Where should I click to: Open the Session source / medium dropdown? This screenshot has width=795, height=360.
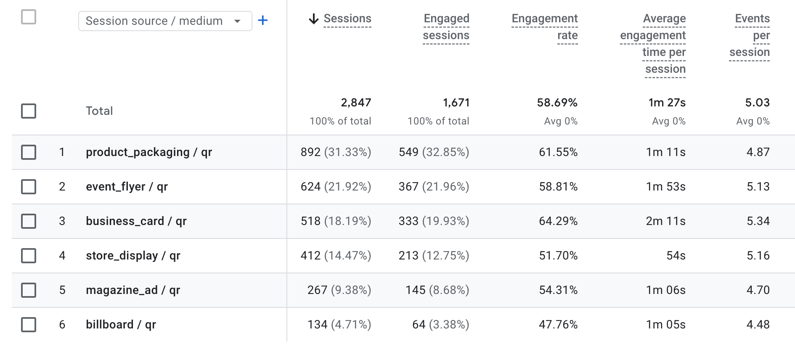click(165, 21)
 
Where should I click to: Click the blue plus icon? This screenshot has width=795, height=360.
click(263, 20)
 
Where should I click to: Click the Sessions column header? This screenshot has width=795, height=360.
click(347, 19)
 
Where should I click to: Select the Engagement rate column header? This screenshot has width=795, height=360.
click(545, 27)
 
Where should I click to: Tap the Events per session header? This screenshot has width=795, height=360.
click(750, 35)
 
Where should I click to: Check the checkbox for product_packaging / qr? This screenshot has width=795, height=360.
click(29, 152)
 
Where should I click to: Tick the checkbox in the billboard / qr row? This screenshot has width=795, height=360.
click(29, 325)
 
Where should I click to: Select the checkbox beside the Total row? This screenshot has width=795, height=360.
click(29, 111)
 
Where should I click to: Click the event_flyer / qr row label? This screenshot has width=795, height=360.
click(127, 187)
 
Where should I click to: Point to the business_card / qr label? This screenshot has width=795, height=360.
click(136, 221)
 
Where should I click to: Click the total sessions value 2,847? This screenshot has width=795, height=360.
click(356, 103)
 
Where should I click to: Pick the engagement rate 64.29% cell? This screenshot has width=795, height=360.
click(558, 221)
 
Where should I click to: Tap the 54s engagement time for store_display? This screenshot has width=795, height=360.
click(676, 256)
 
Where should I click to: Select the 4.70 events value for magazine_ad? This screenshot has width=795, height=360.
click(758, 290)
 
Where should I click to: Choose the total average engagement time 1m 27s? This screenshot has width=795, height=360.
click(667, 103)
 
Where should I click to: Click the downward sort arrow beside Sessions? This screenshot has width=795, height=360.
click(313, 19)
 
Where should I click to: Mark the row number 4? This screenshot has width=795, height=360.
click(62, 256)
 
